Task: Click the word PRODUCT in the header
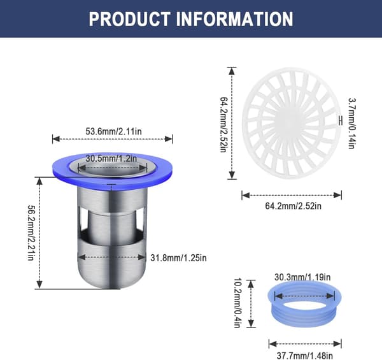tap(129, 18)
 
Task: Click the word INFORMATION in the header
tap(234, 18)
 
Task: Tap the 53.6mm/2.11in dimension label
tap(113, 131)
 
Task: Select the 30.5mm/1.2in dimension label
tap(111, 159)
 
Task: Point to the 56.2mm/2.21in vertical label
tap(31, 233)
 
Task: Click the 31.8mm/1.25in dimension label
tap(178, 258)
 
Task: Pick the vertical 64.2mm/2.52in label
tap(223, 124)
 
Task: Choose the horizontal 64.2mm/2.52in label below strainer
tap(293, 206)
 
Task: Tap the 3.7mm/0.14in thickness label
tap(352, 123)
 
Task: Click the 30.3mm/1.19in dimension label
tap(302, 277)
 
